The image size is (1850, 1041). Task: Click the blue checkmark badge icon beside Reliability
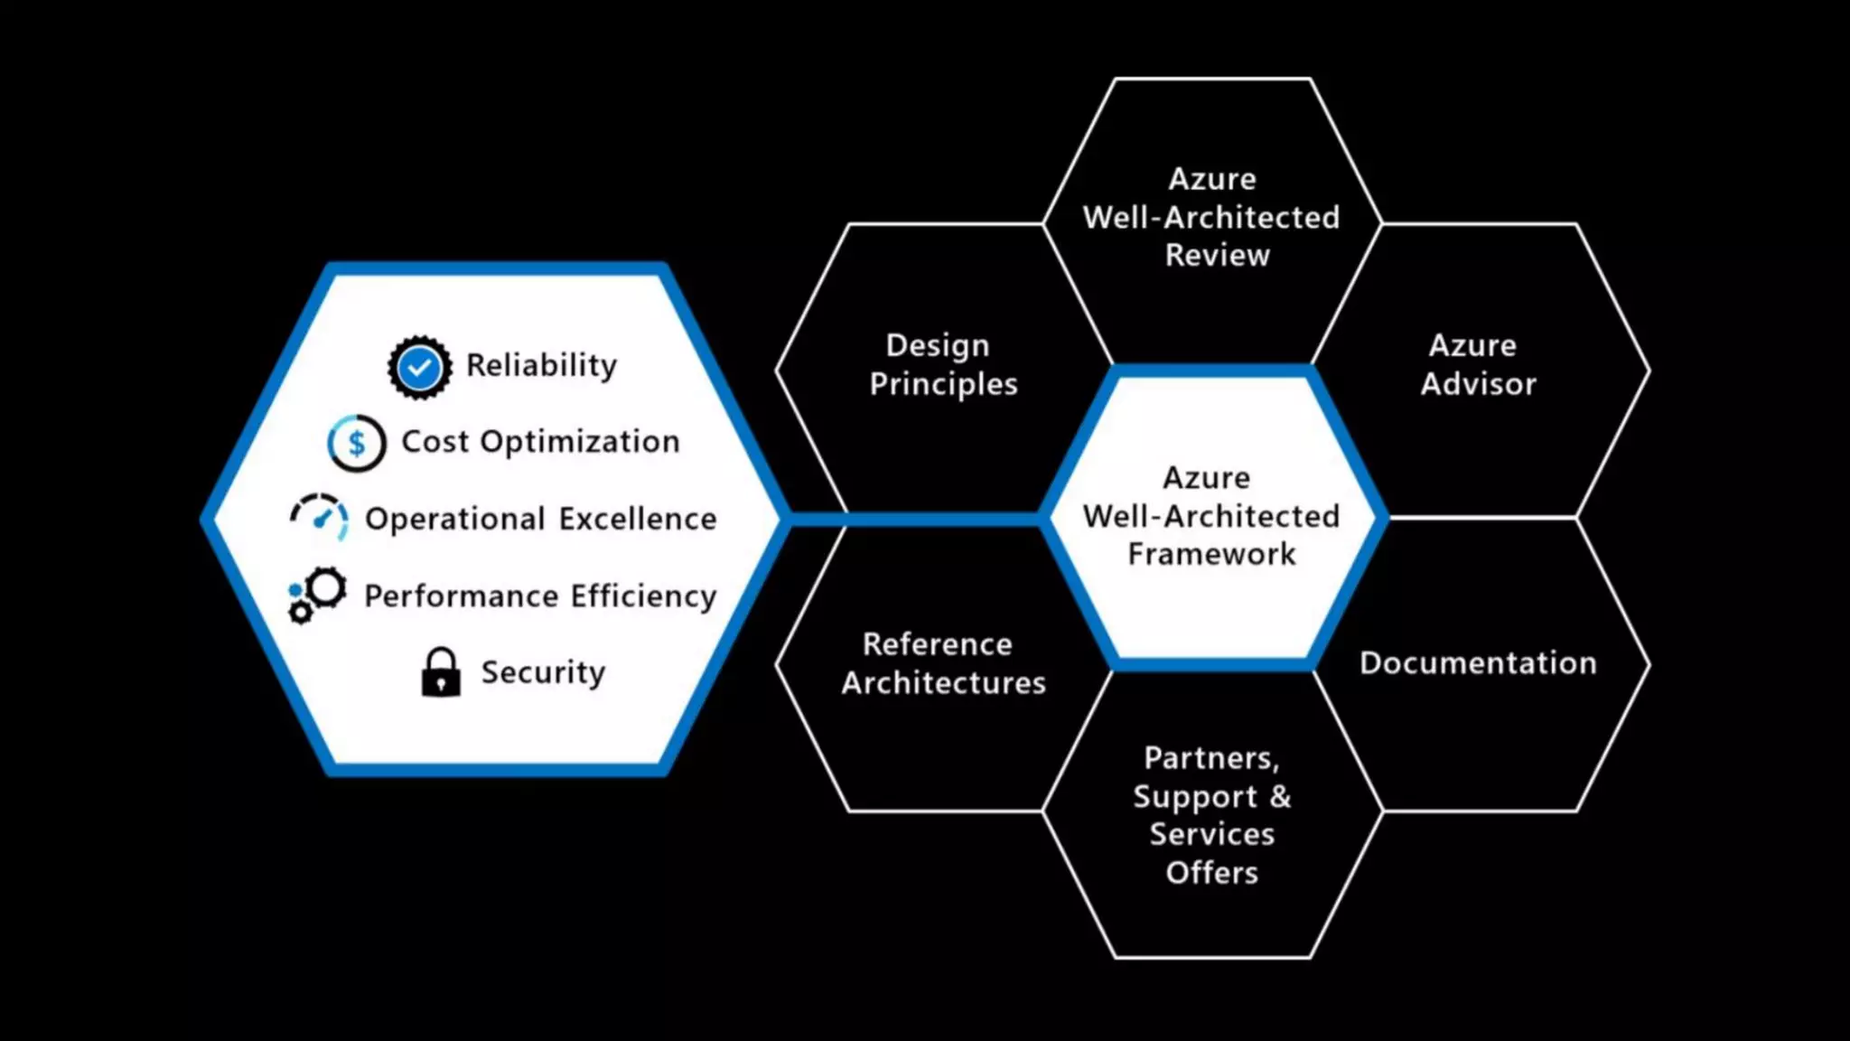tap(420, 367)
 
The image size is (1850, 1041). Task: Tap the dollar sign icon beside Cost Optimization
tap(357, 443)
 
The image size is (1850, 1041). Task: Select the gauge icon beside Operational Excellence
tap(320, 518)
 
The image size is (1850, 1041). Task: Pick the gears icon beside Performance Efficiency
tap(316, 596)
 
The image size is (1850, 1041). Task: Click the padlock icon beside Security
tap(441, 672)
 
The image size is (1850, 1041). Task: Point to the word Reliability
tap(541, 365)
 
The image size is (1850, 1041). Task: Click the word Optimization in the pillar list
tap(580, 442)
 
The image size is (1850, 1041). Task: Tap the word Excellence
tap(638, 519)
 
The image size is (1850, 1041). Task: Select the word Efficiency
tap(643, 596)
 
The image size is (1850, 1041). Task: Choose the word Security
tap(543, 672)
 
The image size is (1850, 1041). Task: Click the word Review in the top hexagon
tap(1217, 256)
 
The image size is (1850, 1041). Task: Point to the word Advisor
tap(1478, 384)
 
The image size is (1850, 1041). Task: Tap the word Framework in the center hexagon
tap(1211, 554)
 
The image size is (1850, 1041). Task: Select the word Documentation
tap(1478, 663)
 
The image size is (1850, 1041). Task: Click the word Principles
tap(943, 384)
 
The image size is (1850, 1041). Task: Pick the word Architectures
tap(943, 683)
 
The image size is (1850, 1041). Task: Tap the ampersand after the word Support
tap(1280, 797)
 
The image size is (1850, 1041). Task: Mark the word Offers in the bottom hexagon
tap(1211, 873)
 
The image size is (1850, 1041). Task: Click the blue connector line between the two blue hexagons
tap(912, 519)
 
